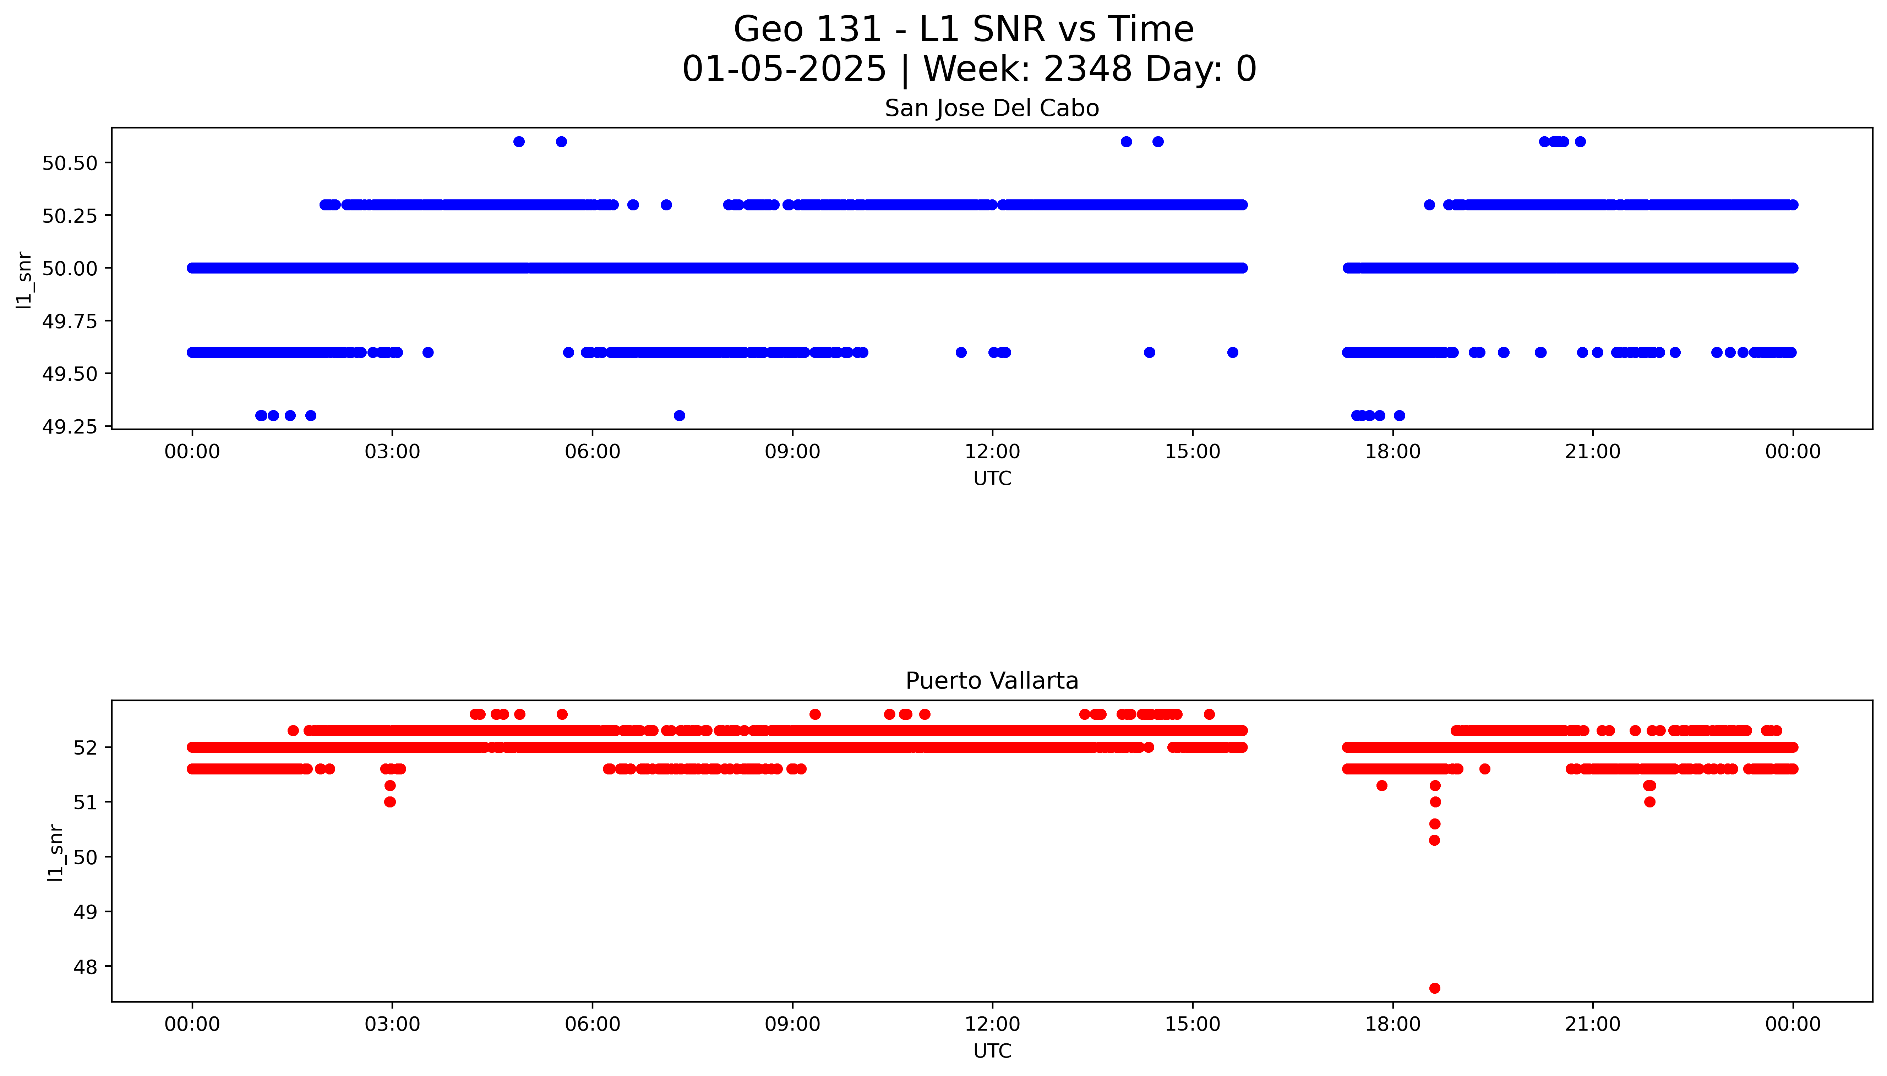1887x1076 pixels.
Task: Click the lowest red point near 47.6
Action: coord(1434,988)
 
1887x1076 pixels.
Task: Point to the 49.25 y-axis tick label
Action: coord(70,427)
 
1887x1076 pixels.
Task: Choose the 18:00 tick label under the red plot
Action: coord(1392,1024)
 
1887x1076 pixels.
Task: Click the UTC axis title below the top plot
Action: coord(992,479)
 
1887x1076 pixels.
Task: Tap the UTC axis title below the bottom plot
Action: coord(992,1051)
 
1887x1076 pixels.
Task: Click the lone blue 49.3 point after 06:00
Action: coord(679,415)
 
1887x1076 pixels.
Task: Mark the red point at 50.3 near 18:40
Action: coord(1434,840)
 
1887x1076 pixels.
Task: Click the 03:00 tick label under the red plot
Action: coord(392,1024)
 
